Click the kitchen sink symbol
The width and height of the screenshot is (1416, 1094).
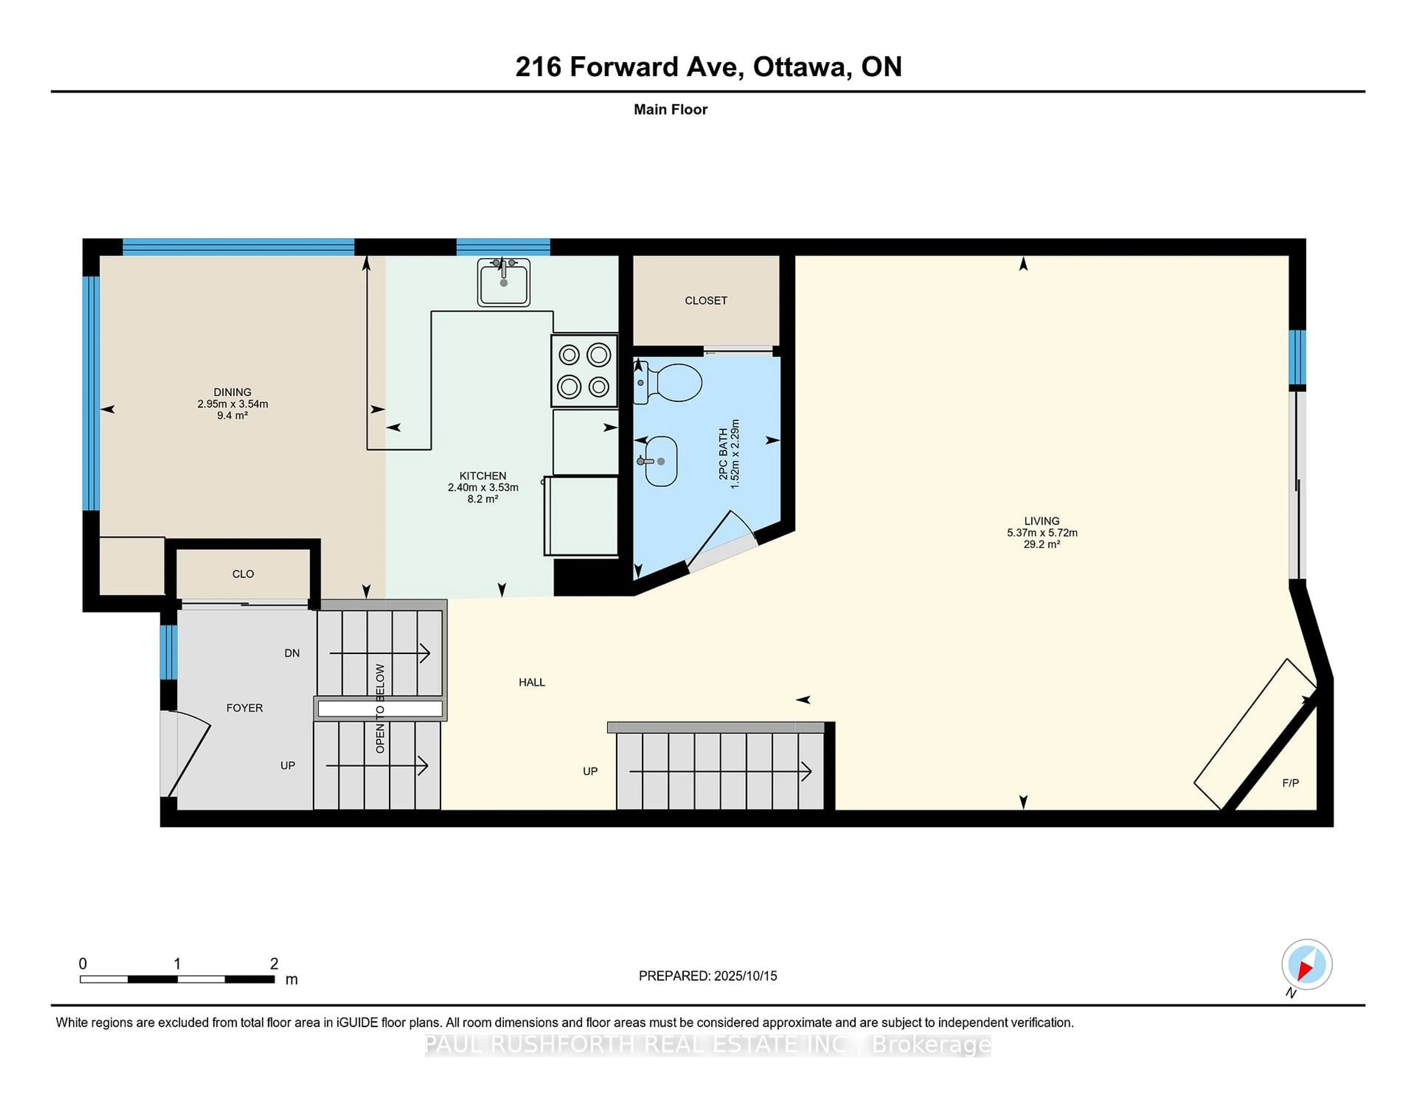tap(504, 283)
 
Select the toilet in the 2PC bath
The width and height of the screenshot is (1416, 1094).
tap(671, 382)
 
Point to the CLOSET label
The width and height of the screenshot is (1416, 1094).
tap(705, 301)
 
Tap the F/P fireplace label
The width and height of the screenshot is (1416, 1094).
tap(1290, 783)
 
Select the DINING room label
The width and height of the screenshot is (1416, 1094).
tap(232, 392)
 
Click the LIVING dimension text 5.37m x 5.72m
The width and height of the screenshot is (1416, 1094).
tap(1042, 533)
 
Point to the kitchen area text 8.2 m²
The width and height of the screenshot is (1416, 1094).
tap(482, 499)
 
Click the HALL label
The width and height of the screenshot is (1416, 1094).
tap(532, 682)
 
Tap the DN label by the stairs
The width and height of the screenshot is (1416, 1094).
tap(292, 653)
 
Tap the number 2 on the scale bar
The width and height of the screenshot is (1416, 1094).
tap(274, 964)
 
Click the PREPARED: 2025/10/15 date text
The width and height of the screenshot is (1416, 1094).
tap(707, 975)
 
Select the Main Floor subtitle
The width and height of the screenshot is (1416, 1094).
tap(670, 109)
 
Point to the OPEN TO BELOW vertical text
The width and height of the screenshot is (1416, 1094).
tap(380, 708)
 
